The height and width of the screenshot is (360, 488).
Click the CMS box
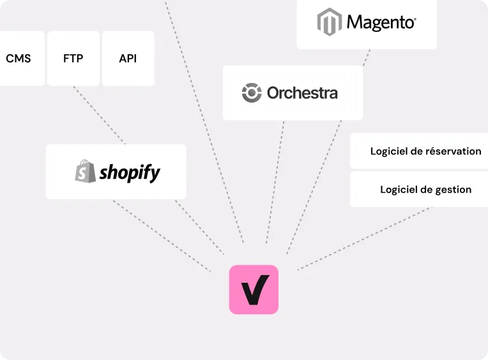(x=19, y=59)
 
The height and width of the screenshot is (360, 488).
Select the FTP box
(x=73, y=59)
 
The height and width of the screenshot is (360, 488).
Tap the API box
(x=128, y=59)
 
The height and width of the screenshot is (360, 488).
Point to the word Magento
(x=381, y=23)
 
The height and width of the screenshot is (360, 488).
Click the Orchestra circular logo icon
(x=252, y=93)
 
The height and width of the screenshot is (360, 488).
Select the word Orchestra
(x=302, y=93)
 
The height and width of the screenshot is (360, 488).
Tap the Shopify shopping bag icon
(x=86, y=171)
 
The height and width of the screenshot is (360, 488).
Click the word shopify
(x=130, y=172)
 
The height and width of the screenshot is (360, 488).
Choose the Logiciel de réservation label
(x=425, y=151)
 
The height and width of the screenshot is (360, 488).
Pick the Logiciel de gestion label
(x=425, y=190)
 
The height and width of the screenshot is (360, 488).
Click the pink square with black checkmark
(x=254, y=289)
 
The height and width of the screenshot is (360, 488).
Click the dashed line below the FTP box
(x=99, y=115)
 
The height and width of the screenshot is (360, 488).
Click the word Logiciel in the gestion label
(x=400, y=190)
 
